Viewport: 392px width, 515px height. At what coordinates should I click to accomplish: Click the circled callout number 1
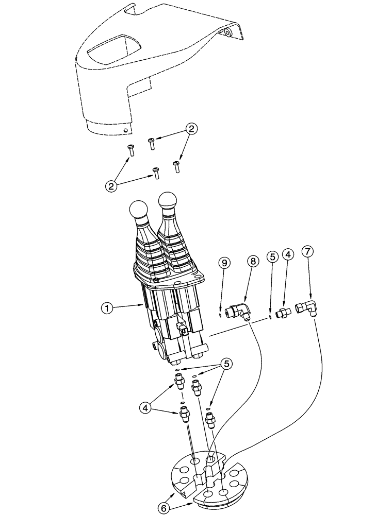pos(107,308)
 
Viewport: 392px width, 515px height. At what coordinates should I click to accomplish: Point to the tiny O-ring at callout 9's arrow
pos(220,312)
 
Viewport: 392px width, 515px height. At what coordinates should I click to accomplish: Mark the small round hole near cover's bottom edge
pos(125,131)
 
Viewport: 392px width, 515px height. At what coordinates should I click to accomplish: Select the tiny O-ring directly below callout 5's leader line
pos(270,318)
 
